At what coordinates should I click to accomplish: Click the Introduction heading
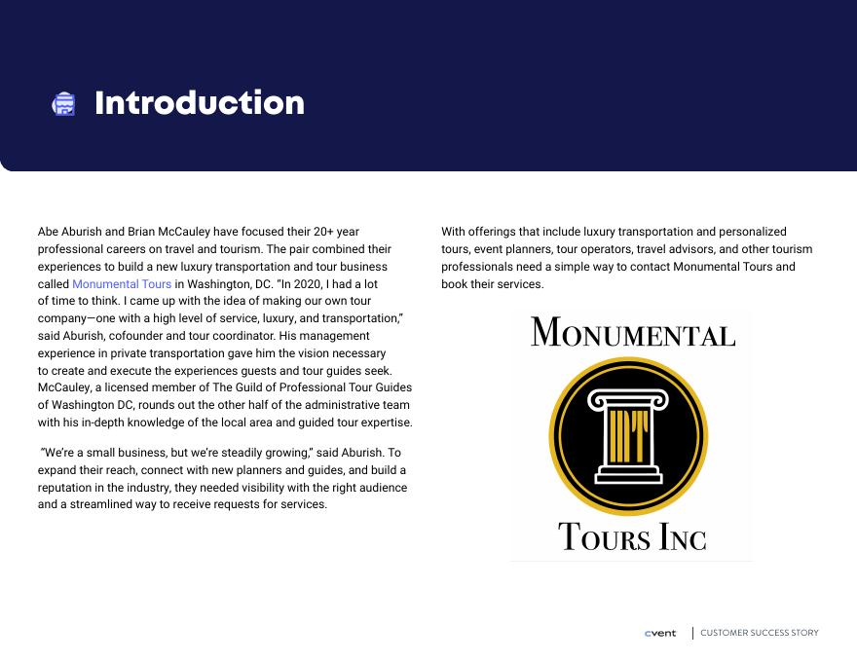(x=199, y=103)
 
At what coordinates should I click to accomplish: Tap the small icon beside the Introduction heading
(x=63, y=104)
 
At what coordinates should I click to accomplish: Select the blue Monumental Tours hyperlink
(x=122, y=284)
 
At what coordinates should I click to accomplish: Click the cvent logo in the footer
(x=660, y=633)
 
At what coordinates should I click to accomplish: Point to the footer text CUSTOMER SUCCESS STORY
(x=760, y=633)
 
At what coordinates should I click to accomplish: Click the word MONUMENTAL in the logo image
(x=633, y=333)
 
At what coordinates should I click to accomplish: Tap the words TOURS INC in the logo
(x=632, y=536)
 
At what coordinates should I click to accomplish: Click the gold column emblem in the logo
(x=628, y=435)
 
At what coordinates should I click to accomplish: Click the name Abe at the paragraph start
(x=49, y=232)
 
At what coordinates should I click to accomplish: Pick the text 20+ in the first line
(x=324, y=232)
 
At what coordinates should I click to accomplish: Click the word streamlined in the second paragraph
(x=102, y=504)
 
